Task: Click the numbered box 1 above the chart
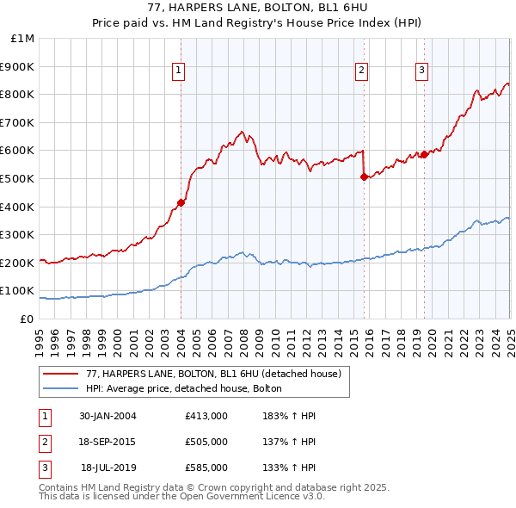(178, 71)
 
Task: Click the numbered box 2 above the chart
(362, 71)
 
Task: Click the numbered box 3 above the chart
(422, 71)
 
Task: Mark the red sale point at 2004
(181, 203)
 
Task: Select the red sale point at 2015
(364, 177)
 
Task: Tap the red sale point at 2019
(424, 155)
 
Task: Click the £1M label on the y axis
(21, 39)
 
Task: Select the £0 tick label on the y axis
(27, 319)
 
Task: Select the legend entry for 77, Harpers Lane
(213, 374)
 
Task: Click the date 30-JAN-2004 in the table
(107, 416)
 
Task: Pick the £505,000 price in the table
(206, 442)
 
